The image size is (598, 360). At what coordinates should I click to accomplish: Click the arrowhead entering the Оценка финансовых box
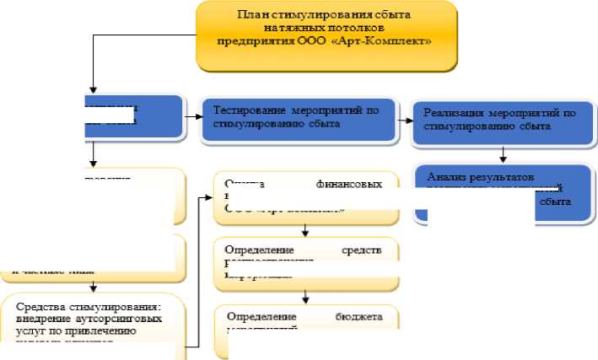click(x=209, y=199)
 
